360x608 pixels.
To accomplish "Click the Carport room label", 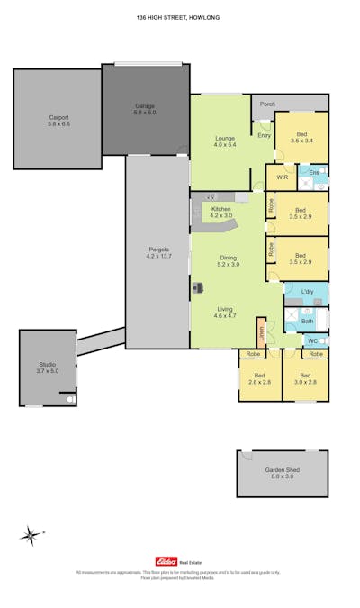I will [x=58, y=121].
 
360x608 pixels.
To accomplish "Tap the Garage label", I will [x=145, y=110].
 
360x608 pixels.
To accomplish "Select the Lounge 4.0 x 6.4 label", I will [x=224, y=141].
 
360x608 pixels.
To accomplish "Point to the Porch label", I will [x=266, y=104].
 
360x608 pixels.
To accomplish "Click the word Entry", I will [x=264, y=136].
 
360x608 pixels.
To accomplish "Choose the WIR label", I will [x=282, y=177].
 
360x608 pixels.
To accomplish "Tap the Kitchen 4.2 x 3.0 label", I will [x=220, y=213].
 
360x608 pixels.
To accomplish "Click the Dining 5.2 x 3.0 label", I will [x=229, y=261].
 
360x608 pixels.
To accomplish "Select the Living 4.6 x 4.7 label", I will [x=224, y=313].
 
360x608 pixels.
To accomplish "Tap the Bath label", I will [x=307, y=321].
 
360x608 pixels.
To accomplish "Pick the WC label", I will [x=312, y=341].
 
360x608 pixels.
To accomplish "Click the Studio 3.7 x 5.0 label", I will [x=47, y=367].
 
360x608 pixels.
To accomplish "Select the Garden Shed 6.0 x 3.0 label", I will [x=282, y=473].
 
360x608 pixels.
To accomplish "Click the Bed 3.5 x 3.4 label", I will [x=301, y=137].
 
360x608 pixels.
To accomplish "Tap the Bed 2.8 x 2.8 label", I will [x=260, y=378].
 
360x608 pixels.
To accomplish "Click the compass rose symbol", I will [x=31, y=536].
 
